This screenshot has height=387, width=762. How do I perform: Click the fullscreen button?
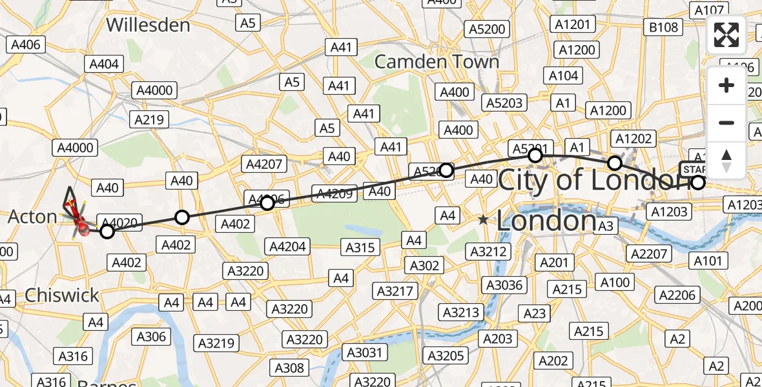(x=726, y=35)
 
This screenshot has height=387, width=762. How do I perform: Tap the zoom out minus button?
(x=726, y=123)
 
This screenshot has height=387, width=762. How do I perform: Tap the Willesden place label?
(x=148, y=25)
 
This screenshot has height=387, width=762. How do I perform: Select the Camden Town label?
(x=437, y=62)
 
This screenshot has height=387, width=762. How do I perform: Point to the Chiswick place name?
(x=62, y=295)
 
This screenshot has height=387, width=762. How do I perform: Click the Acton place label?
(x=32, y=217)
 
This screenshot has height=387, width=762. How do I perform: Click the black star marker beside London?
(x=483, y=220)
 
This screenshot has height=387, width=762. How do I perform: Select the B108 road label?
(x=664, y=27)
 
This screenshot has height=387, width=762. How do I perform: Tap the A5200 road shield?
(x=488, y=29)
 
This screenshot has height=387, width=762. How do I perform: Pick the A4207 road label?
(x=264, y=164)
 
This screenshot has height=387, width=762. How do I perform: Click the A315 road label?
(x=360, y=248)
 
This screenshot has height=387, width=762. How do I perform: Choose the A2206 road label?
(x=677, y=295)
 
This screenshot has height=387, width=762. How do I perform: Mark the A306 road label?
(x=151, y=336)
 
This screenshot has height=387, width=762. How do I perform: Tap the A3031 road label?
(x=366, y=352)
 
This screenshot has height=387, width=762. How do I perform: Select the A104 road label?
(x=563, y=75)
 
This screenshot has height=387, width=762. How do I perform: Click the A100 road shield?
(x=615, y=282)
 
